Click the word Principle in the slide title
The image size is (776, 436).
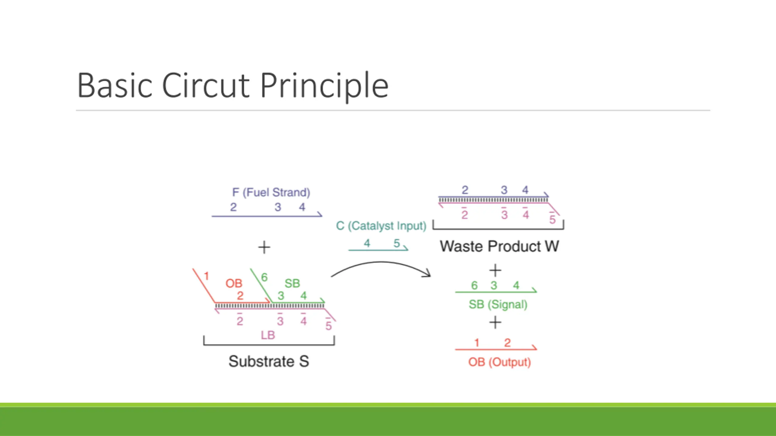pyautogui.click(x=324, y=86)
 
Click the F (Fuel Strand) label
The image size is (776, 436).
pyautogui.click(x=271, y=192)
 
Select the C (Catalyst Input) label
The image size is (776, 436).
pyautogui.click(x=381, y=226)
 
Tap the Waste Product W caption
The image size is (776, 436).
pyautogui.click(x=499, y=246)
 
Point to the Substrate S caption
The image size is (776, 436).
pyautogui.click(x=269, y=361)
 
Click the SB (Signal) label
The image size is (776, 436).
pyautogui.click(x=498, y=304)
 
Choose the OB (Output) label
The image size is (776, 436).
pyautogui.click(x=499, y=362)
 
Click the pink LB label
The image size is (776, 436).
pyautogui.click(x=268, y=335)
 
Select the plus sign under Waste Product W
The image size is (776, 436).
pyautogui.click(x=495, y=270)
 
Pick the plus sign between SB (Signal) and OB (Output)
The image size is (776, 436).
pyautogui.click(x=495, y=322)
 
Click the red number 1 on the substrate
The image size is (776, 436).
pyautogui.click(x=206, y=276)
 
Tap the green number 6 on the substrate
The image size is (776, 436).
pyautogui.click(x=264, y=277)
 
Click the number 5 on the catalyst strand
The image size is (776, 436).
pyautogui.click(x=396, y=243)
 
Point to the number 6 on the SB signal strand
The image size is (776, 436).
pyautogui.click(x=474, y=285)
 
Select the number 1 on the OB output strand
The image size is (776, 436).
pyautogui.click(x=477, y=343)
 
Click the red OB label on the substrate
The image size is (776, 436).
pyautogui.click(x=234, y=283)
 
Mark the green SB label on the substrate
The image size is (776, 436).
pyautogui.click(x=292, y=283)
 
